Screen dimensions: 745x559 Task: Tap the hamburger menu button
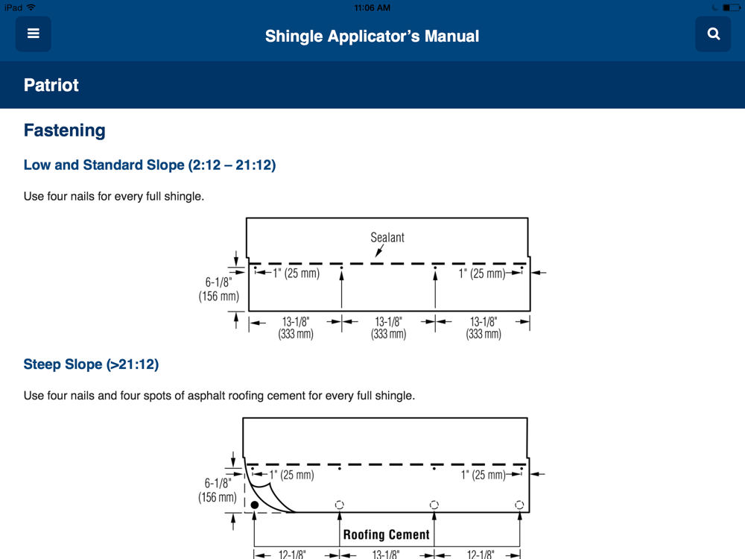34,34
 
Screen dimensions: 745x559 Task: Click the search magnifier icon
713,34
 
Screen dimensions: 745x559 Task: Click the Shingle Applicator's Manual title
372,36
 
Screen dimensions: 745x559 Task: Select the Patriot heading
51,85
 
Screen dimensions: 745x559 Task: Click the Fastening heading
65,130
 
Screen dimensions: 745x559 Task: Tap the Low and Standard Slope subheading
150,165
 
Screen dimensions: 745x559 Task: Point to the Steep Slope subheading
91,364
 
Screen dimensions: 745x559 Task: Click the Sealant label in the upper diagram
387,237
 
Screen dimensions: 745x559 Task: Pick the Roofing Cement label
386,534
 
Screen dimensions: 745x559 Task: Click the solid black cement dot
255,505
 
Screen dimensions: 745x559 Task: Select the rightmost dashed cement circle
519,505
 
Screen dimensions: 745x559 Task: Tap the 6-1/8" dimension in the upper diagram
218,282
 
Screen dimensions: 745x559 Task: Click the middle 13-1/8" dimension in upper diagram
388,322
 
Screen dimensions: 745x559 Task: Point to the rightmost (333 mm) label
484,334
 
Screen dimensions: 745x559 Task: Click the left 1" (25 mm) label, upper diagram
296,274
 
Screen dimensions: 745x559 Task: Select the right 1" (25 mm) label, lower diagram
484,475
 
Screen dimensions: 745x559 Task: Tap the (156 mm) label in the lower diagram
218,497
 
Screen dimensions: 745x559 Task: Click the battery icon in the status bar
731,7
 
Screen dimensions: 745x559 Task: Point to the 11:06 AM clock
372,7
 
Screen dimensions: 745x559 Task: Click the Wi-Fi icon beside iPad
31,7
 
